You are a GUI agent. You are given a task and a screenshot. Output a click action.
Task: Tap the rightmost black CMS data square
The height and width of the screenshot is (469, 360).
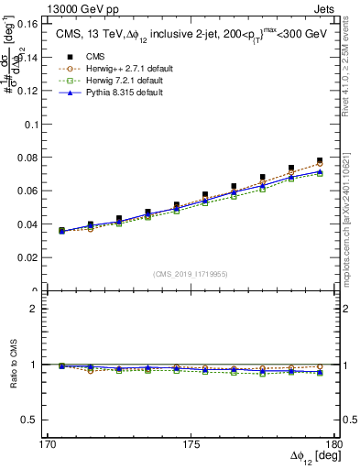point(320,160)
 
